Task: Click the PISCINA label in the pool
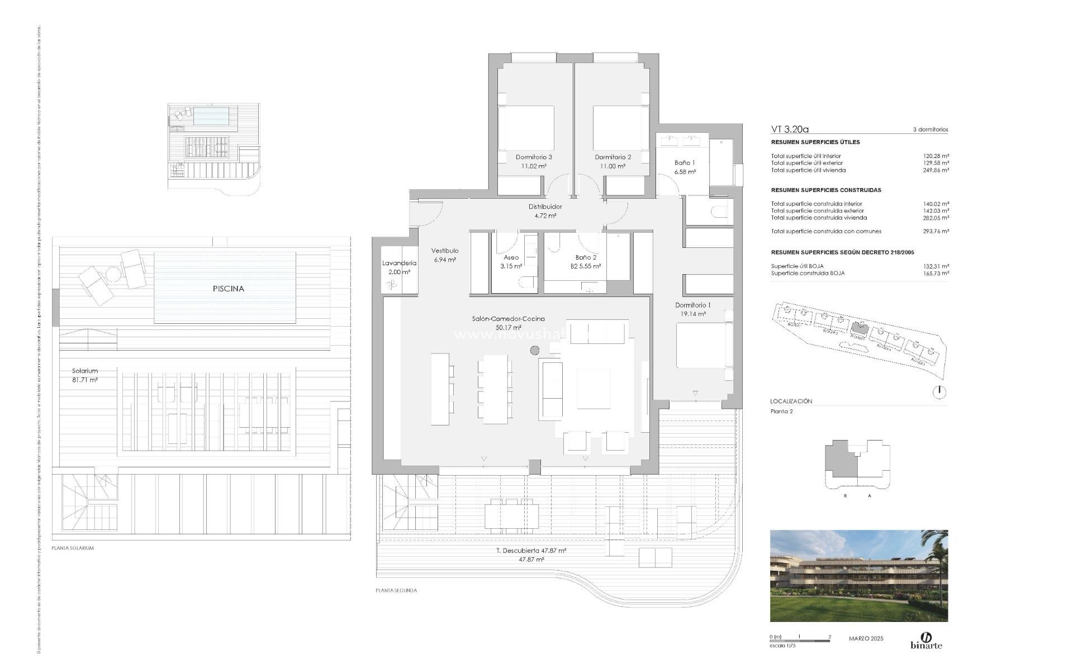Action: pyautogui.click(x=228, y=289)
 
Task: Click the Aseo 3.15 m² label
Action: pyautogui.click(x=511, y=262)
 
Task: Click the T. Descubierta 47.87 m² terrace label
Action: pyautogui.click(x=531, y=551)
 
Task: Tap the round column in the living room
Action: pyautogui.click(x=535, y=351)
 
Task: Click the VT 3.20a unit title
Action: pyautogui.click(x=790, y=129)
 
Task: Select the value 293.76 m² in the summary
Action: pyautogui.click(x=937, y=231)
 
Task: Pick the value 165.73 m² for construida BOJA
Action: pyautogui.click(x=937, y=273)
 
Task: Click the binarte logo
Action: pyautogui.click(x=926, y=641)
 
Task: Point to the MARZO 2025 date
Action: pyautogui.click(x=866, y=638)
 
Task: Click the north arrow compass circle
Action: pyautogui.click(x=939, y=393)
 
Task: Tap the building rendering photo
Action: pyautogui.click(x=859, y=576)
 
